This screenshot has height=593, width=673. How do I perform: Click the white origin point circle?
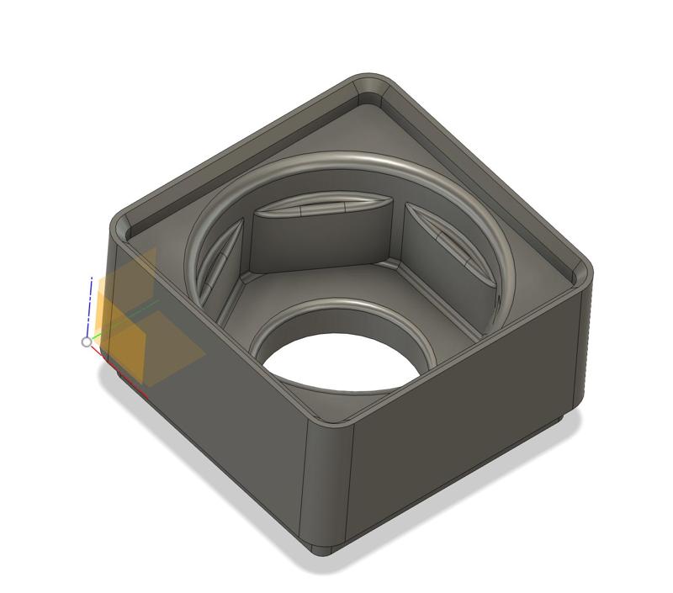[x=87, y=342]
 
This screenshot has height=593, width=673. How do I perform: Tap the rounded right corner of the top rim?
[x=580, y=273]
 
